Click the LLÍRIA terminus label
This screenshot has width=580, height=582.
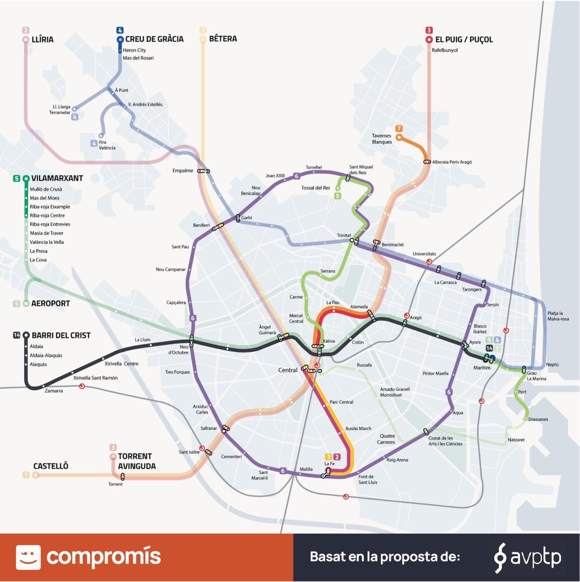click(43, 39)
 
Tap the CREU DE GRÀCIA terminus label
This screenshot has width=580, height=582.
click(154, 39)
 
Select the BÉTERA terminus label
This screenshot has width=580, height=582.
click(223, 39)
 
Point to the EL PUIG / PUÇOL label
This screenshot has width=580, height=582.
click(464, 39)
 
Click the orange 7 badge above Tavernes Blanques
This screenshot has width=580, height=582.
click(399, 129)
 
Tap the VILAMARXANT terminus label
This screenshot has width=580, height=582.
click(57, 178)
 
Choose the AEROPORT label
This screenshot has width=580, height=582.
click(51, 303)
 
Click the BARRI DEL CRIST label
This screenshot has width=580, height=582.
click(61, 335)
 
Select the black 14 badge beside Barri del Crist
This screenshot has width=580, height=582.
click(16, 335)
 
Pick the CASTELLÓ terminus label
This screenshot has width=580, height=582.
click(51, 466)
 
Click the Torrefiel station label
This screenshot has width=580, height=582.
click(313, 167)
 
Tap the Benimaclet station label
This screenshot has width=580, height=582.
click(392, 245)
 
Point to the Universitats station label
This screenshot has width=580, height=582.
click(424, 254)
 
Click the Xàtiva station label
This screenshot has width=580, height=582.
click(329, 341)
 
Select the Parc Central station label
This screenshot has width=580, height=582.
click(341, 402)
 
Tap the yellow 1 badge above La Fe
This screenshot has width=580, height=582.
click(328, 457)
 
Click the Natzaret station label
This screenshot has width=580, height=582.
click(516, 440)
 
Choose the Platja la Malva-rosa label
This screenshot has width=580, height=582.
click(558, 316)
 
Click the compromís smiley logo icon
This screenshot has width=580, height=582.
click(28, 557)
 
